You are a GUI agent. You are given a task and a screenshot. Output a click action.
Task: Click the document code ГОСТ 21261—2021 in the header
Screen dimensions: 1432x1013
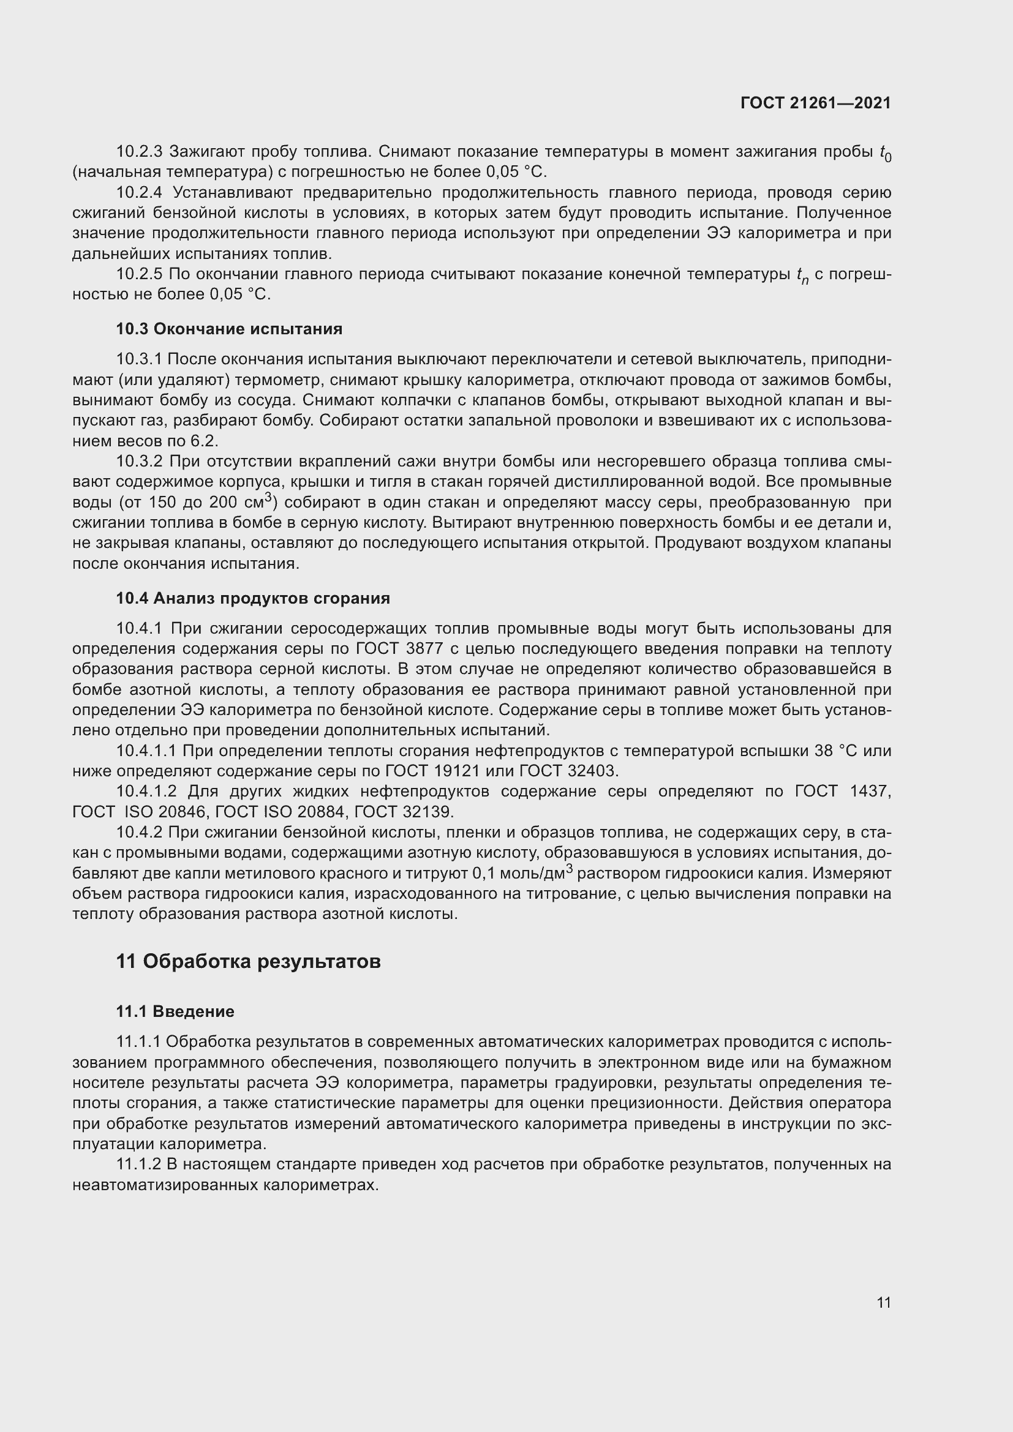pyautogui.click(x=815, y=103)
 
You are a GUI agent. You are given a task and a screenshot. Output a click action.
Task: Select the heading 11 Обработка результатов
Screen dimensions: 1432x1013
pyautogui.click(x=248, y=962)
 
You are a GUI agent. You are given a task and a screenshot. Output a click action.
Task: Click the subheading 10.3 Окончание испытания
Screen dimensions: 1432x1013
pyautogui.click(x=229, y=329)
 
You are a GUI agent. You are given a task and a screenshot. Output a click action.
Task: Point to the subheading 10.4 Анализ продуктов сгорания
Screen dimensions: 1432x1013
pyautogui.click(x=252, y=598)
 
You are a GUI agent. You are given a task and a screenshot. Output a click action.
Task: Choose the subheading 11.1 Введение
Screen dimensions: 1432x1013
pyautogui.click(x=175, y=1011)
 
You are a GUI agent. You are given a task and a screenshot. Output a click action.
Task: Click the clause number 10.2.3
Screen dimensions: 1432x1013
pyautogui.click(x=139, y=152)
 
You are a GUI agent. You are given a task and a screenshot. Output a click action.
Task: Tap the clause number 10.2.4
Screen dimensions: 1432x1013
pyautogui.click(x=140, y=193)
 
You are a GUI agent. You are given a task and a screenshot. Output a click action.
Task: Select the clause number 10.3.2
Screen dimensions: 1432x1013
pyautogui.click(x=139, y=462)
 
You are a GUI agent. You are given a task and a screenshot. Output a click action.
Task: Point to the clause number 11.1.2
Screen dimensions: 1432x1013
pyautogui.click(x=139, y=1164)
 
